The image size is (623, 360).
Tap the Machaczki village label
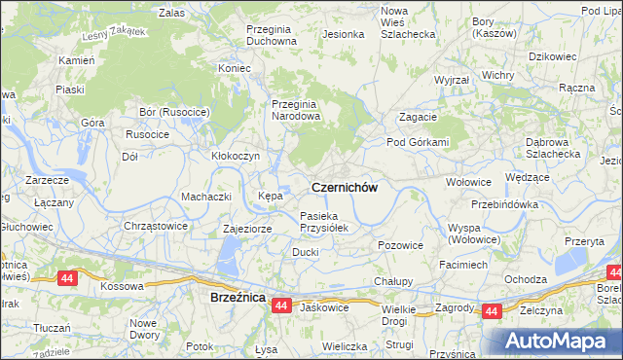click(205, 197)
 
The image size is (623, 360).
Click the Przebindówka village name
click(504, 204)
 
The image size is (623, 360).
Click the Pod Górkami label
click(419, 142)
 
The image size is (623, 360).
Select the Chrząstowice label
click(156, 226)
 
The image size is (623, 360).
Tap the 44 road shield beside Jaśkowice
click(280, 306)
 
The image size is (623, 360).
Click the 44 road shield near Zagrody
click(491, 311)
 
